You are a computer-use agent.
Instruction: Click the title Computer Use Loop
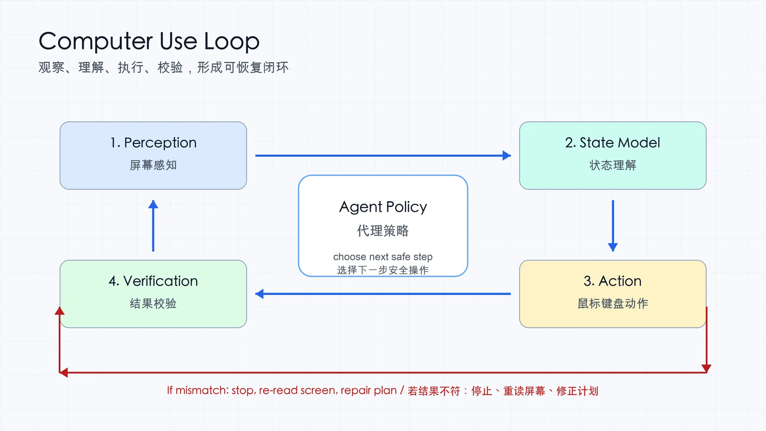point(149,42)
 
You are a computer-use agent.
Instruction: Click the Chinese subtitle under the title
point(163,67)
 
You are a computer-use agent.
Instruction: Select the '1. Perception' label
point(153,143)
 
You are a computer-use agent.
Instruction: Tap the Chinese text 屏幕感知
point(153,165)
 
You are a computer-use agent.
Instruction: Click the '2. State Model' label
point(613,142)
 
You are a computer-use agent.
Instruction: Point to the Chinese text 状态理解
point(613,165)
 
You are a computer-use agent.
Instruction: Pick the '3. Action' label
point(613,281)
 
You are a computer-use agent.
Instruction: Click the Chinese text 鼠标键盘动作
point(613,303)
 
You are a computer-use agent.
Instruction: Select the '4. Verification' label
point(153,281)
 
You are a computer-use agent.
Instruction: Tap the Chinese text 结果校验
point(153,303)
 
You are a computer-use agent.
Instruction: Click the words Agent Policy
point(383,207)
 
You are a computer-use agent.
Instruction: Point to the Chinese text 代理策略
point(383,231)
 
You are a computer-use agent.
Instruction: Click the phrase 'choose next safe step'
point(383,257)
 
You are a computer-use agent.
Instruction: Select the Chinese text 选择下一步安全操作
point(383,270)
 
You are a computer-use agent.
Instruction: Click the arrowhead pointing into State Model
point(506,155)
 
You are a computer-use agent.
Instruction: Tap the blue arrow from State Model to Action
point(613,226)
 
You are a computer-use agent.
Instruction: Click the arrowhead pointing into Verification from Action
point(260,294)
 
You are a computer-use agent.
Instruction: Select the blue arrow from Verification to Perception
point(153,226)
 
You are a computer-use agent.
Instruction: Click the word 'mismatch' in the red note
point(203,390)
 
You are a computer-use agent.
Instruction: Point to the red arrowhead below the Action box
point(706,368)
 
